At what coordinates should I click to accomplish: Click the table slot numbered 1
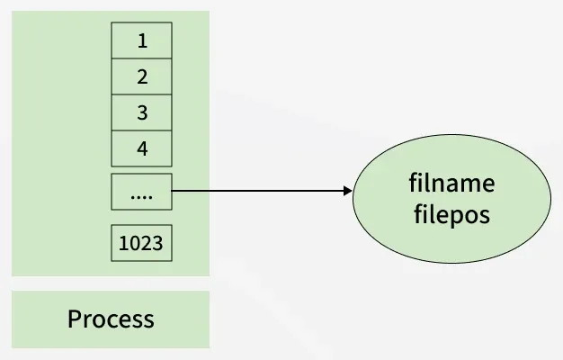(x=141, y=40)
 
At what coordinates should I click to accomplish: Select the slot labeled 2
(x=141, y=76)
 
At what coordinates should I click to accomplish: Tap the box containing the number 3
(x=141, y=112)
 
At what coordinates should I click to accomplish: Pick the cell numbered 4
(x=141, y=148)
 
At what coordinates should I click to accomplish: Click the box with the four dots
(x=141, y=192)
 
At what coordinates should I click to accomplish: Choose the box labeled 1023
(x=141, y=242)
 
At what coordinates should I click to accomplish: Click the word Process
(x=111, y=319)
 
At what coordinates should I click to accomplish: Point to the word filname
(x=451, y=184)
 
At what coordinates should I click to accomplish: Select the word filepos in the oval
(x=451, y=217)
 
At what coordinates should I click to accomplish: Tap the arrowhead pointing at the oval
(x=346, y=191)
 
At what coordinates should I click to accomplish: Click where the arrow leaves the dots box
(x=173, y=191)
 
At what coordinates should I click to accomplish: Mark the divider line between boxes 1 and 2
(x=141, y=58)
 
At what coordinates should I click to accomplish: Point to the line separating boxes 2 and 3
(x=141, y=94)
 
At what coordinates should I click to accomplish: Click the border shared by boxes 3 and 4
(x=141, y=130)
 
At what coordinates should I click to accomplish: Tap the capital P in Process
(x=75, y=319)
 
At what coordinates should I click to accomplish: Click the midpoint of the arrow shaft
(x=261, y=191)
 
